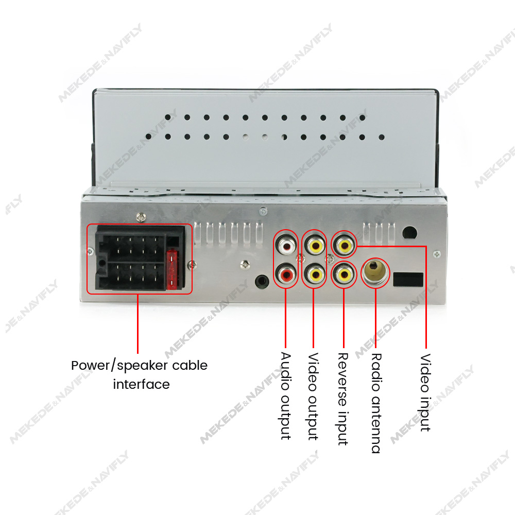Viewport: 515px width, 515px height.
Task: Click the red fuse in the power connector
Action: point(172,270)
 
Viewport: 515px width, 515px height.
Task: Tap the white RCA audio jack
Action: point(286,245)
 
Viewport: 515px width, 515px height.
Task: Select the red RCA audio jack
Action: point(286,274)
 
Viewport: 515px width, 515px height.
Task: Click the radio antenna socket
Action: point(375,272)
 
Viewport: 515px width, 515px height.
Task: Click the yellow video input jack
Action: point(344,245)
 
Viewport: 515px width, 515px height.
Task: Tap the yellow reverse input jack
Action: point(344,274)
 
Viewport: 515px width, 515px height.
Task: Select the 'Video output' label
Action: point(313,397)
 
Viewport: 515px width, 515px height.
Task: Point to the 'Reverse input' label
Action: point(343,399)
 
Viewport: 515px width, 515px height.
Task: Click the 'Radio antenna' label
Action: point(376,403)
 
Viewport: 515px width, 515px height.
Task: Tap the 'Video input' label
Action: point(425,392)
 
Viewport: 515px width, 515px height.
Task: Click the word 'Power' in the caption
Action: point(91,366)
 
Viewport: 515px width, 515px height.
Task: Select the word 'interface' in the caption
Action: point(141,384)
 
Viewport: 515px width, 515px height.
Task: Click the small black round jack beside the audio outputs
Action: point(262,281)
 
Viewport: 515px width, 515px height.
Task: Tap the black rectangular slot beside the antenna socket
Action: point(408,280)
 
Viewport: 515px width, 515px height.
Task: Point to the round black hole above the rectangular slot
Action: point(409,233)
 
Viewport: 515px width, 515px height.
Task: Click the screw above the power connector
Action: point(141,217)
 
